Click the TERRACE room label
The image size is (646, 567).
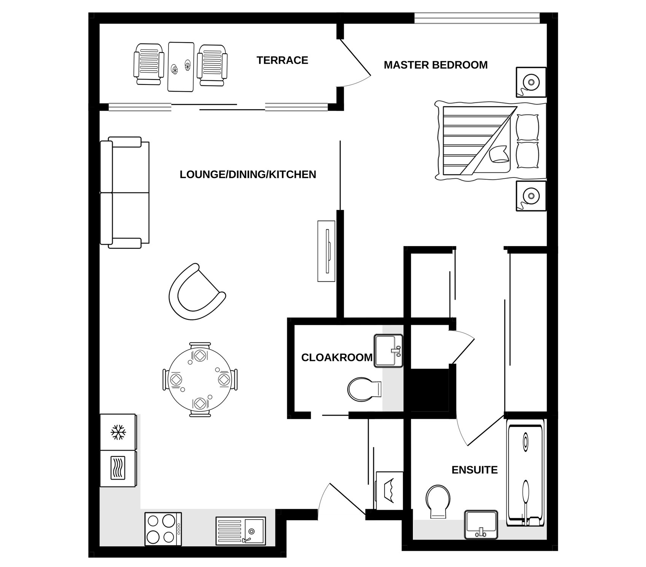point(282,60)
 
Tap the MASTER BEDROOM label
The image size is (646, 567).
point(436,65)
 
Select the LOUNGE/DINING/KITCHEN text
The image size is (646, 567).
point(248,175)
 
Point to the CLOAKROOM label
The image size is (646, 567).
point(337,357)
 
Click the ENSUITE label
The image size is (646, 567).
point(474,470)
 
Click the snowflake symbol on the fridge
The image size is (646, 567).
point(118,432)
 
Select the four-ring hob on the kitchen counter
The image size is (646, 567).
point(163,529)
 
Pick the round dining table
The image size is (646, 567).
point(199,379)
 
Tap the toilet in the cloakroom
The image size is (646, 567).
point(364,389)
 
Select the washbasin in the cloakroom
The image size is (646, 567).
point(388,351)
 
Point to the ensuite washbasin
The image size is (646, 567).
point(481,524)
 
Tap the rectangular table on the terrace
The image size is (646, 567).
point(181,67)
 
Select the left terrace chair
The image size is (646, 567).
point(149,64)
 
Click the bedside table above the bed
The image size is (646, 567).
point(531,82)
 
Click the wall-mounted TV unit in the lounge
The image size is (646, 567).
point(326,251)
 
